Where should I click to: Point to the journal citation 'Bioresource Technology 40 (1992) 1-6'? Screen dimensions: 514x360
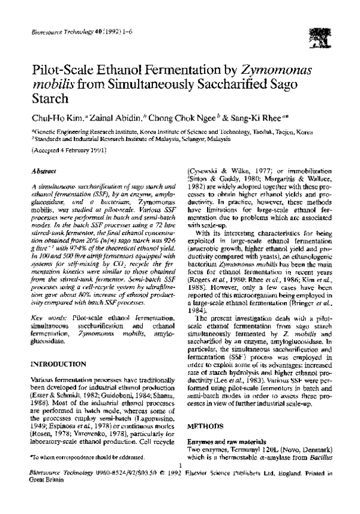pos(66,30)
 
